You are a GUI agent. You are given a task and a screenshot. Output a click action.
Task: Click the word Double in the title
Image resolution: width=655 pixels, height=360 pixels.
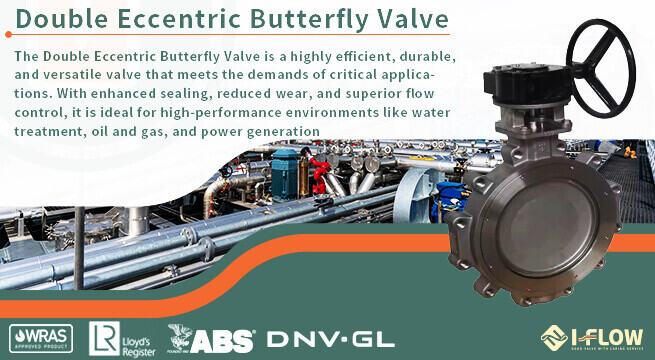click(62, 19)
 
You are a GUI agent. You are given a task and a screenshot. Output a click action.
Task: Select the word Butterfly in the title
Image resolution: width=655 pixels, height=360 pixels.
click(311, 19)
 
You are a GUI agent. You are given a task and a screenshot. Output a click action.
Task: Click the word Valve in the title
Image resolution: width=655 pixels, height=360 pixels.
click(410, 19)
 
